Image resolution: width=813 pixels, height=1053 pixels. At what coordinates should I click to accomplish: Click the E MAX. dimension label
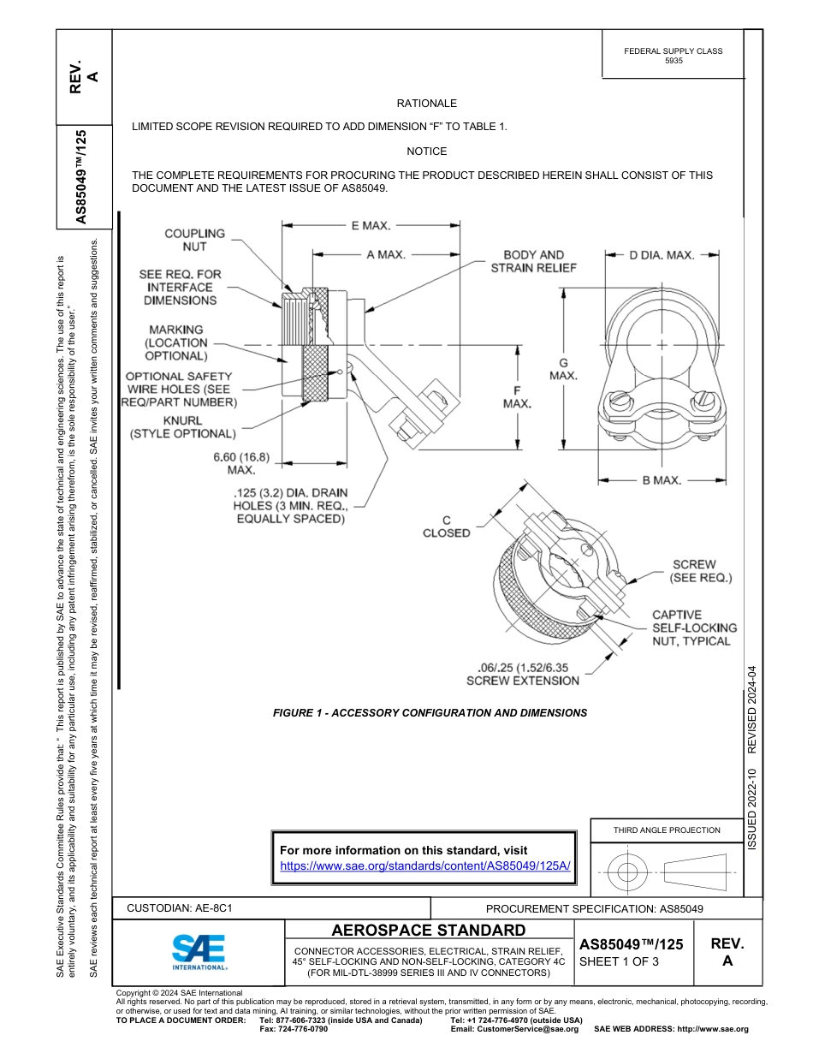click(371, 225)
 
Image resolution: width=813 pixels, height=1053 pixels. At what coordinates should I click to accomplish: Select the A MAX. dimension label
click(385, 254)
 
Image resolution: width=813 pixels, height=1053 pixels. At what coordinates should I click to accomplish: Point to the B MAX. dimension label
click(662, 480)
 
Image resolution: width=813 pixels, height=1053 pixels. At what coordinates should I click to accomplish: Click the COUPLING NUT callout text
click(194, 240)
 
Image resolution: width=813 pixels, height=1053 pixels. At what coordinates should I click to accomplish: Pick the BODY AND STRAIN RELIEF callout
click(533, 261)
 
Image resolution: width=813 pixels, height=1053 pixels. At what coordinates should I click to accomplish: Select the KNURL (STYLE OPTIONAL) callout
click(182, 427)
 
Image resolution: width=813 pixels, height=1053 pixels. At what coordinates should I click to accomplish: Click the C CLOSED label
click(446, 526)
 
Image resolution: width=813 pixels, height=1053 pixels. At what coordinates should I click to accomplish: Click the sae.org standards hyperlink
click(425, 866)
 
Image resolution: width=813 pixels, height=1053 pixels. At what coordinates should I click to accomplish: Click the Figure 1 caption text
click(430, 712)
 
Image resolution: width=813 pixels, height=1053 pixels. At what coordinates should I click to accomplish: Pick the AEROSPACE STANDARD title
click(428, 931)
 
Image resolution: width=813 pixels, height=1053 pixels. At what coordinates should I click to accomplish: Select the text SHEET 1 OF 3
click(620, 961)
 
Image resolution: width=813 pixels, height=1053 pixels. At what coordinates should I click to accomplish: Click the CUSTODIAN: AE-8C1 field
click(180, 908)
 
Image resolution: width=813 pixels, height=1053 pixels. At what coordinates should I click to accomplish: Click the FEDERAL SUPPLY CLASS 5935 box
click(673, 56)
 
